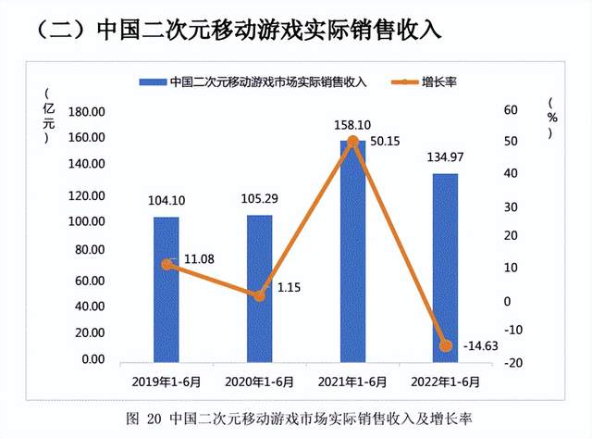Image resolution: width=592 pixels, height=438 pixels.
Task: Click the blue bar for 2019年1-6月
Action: click(166, 289)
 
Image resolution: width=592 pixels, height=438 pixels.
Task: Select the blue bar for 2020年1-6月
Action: click(260, 289)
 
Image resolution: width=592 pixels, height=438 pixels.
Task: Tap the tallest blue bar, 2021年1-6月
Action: click(352, 250)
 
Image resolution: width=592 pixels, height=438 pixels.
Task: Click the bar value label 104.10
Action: click(166, 201)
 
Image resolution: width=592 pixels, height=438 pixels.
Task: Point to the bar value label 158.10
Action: click(352, 124)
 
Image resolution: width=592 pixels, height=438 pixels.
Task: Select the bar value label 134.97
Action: click(445, 156)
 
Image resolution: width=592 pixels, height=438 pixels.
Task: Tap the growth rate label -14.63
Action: click(481, 345)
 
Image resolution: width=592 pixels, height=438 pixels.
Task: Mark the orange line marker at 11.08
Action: click(166, 264)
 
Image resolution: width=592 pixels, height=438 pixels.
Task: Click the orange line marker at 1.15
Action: click(260, 295)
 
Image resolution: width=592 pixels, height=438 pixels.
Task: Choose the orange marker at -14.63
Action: click(445, 345)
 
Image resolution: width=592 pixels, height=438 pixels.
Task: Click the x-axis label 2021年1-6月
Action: click(352, 380)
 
